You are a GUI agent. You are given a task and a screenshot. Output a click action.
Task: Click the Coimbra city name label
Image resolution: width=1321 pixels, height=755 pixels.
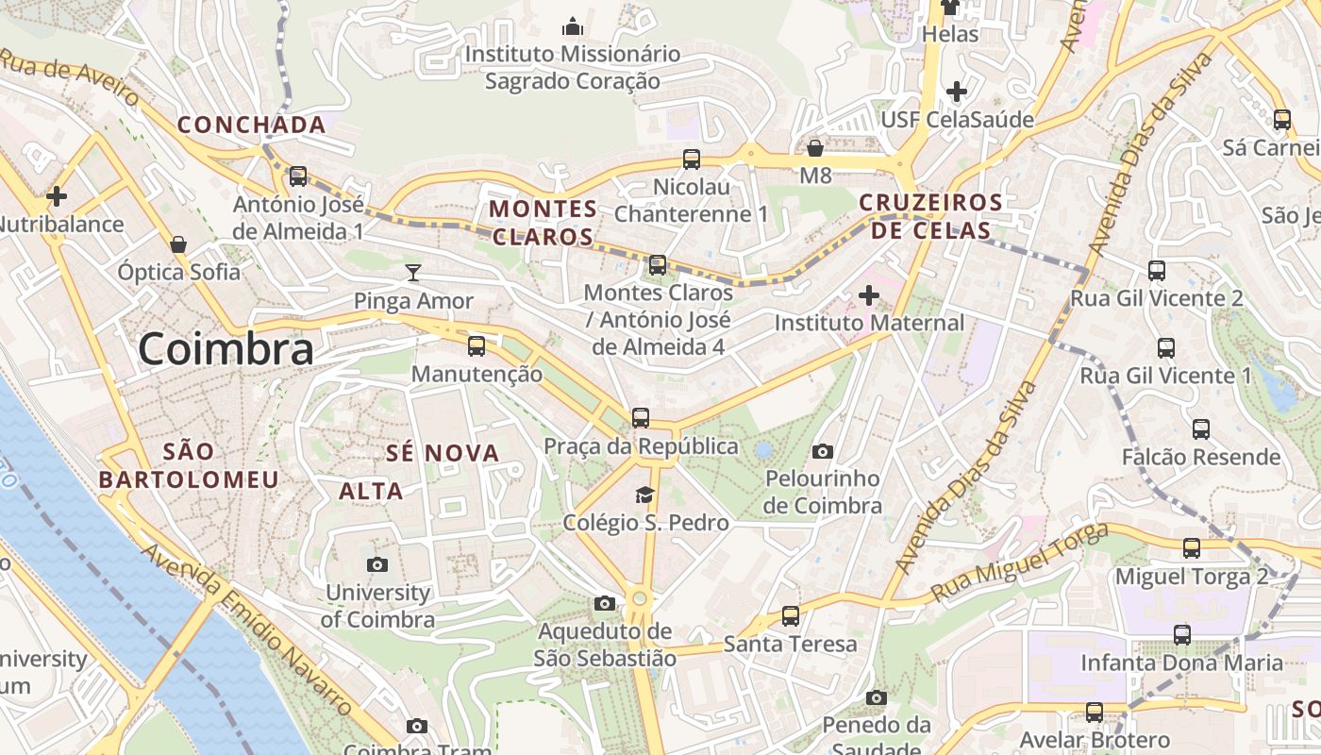(x=226, y=350)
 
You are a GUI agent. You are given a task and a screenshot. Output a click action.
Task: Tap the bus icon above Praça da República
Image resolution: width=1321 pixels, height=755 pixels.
(x=641, y=417)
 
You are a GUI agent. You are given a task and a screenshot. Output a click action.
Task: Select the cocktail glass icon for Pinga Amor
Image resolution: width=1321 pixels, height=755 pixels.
(x=412, y=273)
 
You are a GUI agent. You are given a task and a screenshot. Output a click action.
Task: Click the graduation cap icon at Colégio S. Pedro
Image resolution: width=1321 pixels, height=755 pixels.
(x=644, y=495)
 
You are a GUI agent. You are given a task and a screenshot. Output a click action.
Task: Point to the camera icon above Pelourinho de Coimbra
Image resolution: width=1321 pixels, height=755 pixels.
(x=822, y=451)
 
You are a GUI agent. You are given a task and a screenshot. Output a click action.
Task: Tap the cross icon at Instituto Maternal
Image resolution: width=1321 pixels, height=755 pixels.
(x=868, y=295)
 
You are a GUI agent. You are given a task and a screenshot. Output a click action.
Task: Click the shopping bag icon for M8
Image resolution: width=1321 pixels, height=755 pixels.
(x=815, y=148)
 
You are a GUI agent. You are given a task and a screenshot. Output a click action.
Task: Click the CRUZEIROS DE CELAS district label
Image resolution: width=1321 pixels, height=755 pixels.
(x=930, y=216)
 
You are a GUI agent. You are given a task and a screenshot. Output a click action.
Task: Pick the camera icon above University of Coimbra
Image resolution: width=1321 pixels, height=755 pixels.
(x=377, y=564)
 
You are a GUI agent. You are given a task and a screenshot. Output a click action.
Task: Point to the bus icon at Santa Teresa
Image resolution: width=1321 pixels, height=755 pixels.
(x=791, y=616)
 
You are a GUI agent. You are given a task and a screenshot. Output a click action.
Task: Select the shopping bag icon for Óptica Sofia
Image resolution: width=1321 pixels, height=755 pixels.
(x=178, y=244)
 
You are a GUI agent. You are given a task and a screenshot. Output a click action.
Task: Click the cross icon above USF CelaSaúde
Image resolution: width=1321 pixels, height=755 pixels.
(x=957, y=92)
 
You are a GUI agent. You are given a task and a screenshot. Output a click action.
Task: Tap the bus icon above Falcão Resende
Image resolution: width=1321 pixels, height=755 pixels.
(x=1200, y=429)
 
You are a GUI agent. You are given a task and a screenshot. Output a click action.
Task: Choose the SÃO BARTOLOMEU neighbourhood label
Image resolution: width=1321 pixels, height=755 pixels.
(x=190, y=466)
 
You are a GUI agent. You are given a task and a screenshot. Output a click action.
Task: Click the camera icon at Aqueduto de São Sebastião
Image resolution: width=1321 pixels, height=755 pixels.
(x=605, y=603)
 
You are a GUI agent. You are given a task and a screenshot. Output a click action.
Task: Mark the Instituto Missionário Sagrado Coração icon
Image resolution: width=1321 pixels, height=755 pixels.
(x=572, y=27)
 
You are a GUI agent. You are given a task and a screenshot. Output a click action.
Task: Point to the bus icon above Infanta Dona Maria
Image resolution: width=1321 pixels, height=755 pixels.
(x=1181, y=635)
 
